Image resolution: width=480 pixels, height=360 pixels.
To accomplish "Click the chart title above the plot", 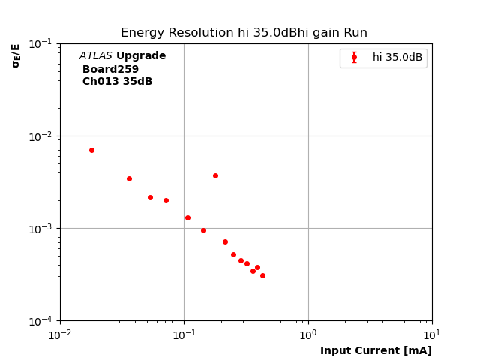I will pyautogui.click(x=244, y=33).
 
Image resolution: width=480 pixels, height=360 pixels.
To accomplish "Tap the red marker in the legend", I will pyautogui.click(x=354, y=58).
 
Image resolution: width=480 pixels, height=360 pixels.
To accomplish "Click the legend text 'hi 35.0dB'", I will pyautogui.click(x=397, y=58).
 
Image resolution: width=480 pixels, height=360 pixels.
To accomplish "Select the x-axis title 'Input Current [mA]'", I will pyautogui.click(x=376, y=350).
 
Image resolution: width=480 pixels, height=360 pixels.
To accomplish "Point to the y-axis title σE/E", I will pyautogui.click(x=16, y=55).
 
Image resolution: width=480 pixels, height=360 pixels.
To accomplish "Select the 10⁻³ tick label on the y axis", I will pyautogui.click(x=41, y=229).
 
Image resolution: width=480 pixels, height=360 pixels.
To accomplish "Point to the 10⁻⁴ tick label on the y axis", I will pyautogui.click(x=41, y=321).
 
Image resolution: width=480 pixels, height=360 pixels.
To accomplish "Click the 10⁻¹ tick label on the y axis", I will pyautogui.click(x=41, y=43).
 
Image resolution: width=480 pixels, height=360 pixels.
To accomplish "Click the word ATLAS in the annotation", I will pyautogui.click(x=96, y=56).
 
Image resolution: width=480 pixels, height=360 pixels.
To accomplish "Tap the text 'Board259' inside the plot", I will pyautogui.click(x=110, y=69).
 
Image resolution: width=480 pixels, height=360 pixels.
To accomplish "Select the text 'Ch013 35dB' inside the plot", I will pyautogui.click(x=117, y=82).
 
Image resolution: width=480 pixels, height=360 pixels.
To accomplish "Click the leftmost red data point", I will pyautogui.click(x=91, y=150).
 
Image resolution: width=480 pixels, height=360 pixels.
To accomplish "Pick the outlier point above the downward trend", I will pyautogui.click(x=215, y=175).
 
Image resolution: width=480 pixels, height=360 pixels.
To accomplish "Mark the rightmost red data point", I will pyautogui.click(x=262, y=275).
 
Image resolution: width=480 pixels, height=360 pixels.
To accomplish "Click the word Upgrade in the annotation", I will pyautogui.click(x=141, y=56).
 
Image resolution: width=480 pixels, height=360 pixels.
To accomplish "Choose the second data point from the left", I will pyautogui.click(x=129, y=178).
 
